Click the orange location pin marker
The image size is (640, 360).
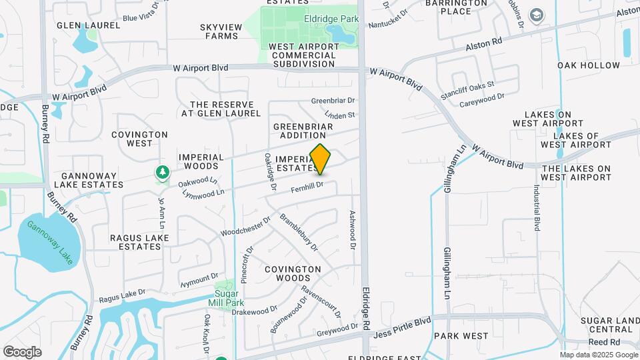click(x=321, y=159)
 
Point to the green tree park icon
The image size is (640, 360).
click(x=162, y=173)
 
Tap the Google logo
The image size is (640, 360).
click(x=22, y=352)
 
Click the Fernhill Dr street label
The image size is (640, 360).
click(x=307, y=188)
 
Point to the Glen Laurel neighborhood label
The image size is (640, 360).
click(x=88, y=25)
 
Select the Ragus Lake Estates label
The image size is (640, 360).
click(x=136, y=241)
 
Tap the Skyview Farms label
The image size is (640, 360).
click(x=219, y=31)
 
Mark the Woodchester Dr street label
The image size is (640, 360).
click(x=245, y=225)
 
